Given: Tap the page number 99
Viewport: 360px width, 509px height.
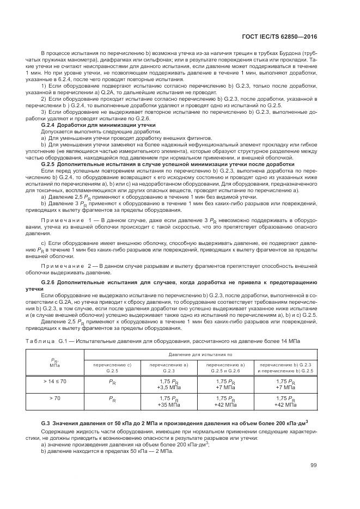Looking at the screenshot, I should pos(314,464).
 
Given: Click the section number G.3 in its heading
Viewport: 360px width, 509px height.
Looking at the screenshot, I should pos(46,423).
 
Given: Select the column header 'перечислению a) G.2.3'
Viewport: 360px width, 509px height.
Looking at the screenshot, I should pos(168,367).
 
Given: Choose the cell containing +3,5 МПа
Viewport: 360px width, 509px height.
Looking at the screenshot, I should pos(168,387).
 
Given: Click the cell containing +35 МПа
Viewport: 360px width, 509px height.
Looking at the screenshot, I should pos(168,405).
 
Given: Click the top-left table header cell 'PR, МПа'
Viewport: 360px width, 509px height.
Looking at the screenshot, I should pos(54,363).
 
